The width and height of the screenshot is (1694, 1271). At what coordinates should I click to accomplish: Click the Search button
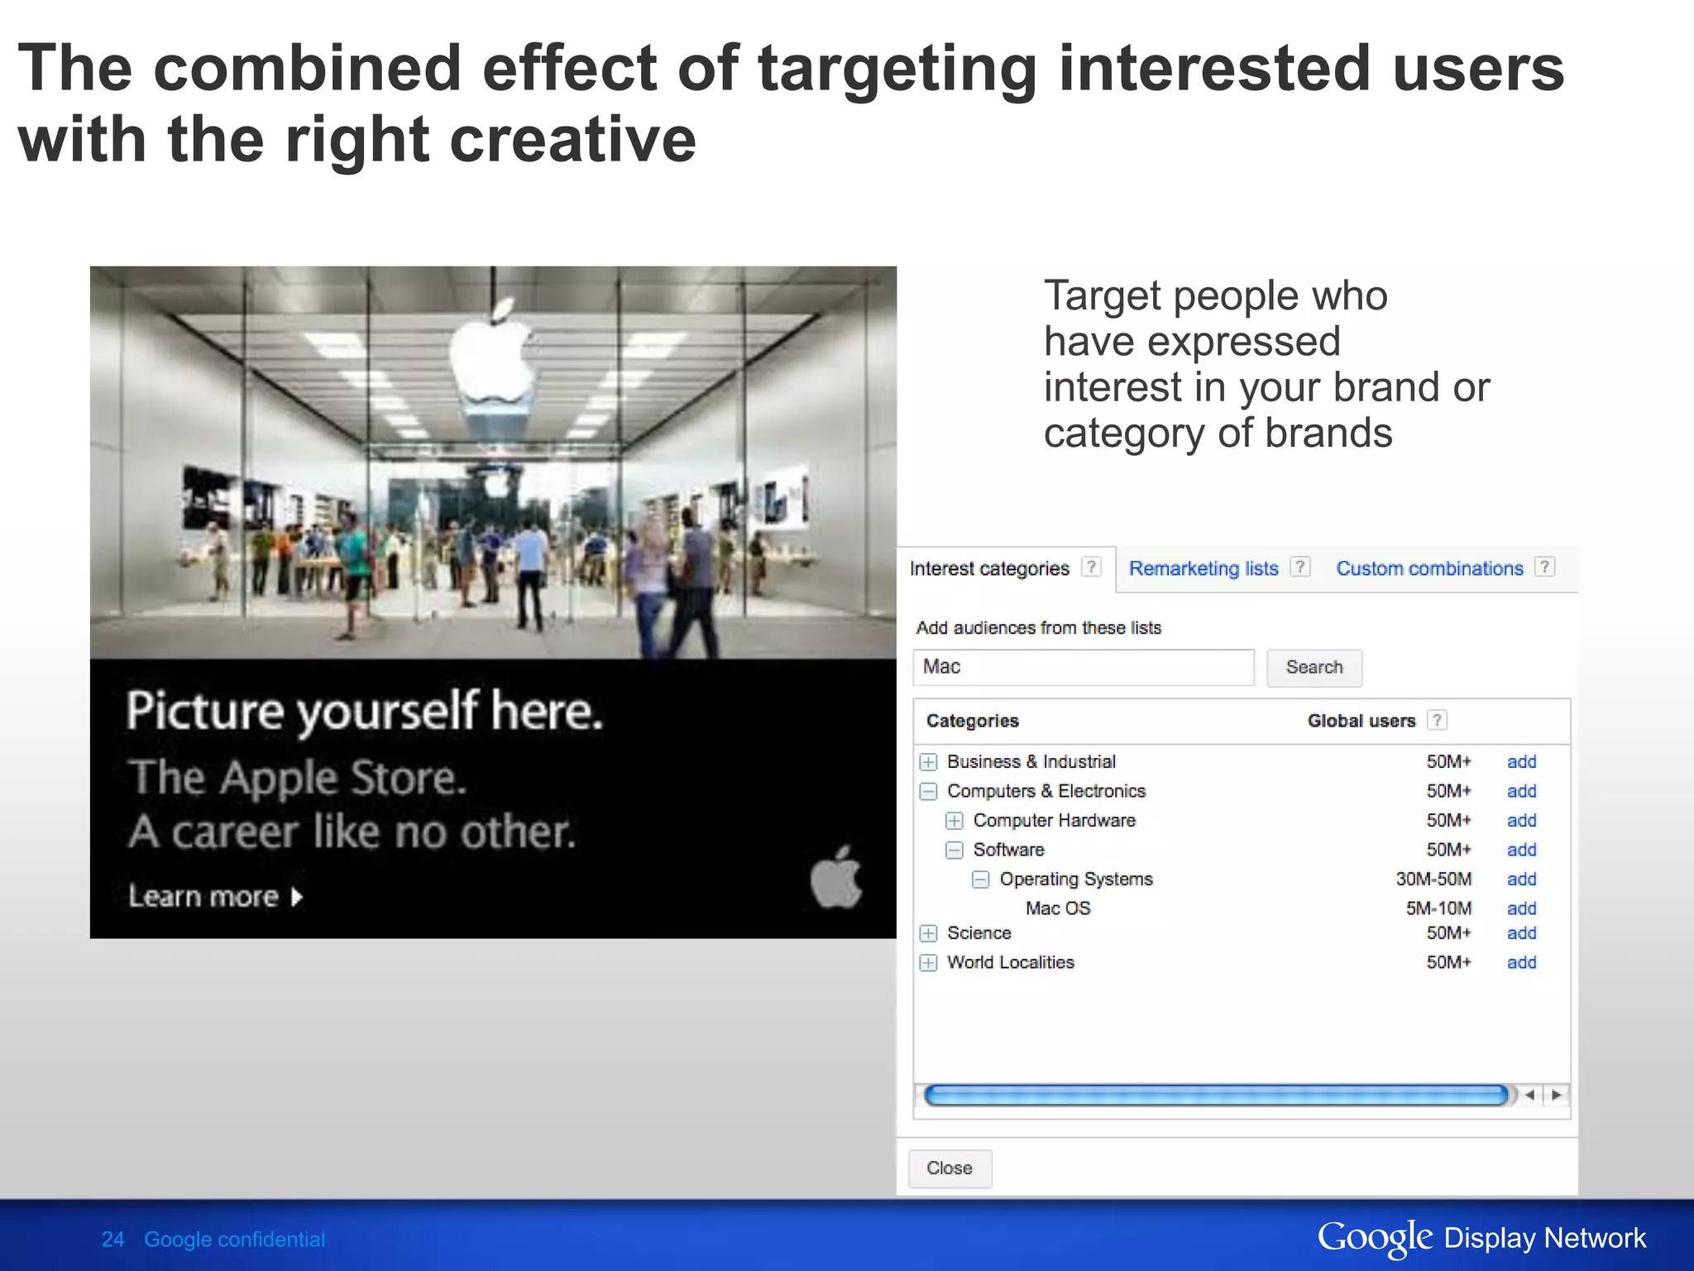point(1314,668)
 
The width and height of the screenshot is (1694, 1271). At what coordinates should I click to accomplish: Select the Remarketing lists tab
point(1203,568)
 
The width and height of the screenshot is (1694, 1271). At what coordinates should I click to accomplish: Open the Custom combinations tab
point(1428,568)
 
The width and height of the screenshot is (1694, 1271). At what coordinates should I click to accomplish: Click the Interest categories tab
point(989,568)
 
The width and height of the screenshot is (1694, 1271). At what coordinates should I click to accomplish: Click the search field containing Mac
point(1083,668)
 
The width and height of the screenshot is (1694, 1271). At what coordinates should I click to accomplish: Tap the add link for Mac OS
point(1521,909)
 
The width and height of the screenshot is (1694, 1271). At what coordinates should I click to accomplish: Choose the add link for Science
point(1521,933)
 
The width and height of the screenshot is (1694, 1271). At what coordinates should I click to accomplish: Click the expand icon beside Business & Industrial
point(929,762)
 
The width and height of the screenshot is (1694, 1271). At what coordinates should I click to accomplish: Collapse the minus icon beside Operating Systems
point(980,880)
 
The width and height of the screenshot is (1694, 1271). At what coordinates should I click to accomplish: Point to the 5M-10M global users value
point(1438,909)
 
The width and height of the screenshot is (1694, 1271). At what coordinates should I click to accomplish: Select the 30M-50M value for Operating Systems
point(1433,880)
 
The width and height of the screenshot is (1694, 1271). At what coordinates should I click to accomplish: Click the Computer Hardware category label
point(1054,821)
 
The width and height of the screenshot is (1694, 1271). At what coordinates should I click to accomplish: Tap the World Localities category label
point(1010,962)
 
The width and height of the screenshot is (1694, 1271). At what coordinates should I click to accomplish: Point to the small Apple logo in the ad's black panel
point(835,878)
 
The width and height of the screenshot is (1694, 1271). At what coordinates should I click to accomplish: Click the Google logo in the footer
point(1374,1238)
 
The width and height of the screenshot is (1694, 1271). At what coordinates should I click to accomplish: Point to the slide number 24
point(112,1240)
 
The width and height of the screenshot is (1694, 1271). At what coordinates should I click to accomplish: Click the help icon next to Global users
point(1438,721)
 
